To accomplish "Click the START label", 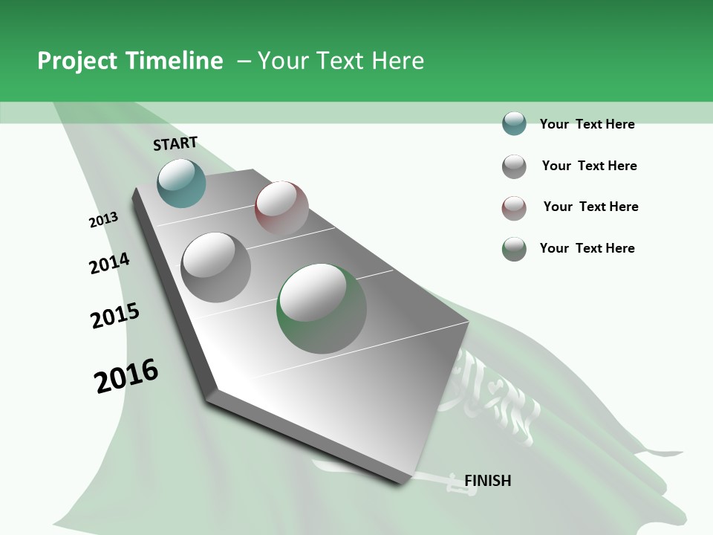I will (x=175, y=143).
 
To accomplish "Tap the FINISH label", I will (x=487, y=481).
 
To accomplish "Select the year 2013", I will (x=103, y=220).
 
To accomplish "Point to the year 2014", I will (x=109, y=264).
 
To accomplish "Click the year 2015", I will (x=115, y=316).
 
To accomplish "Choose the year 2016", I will (x=126, y=376).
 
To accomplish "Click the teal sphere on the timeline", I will (x=181, y=183).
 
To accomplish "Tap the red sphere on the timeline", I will (x=281, y=207).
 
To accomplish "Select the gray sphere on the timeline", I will (x=216, y=267).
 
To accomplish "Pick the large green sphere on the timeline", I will (x=322, y=308).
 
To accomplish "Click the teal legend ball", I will (x=514, y=123).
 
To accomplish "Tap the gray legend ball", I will (x=514, y=166).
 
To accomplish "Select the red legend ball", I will (x=514, y=208).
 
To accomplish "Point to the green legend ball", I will (x=514, y=249).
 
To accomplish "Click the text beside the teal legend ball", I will (x=587, y=124).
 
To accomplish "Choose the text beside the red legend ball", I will (x=590, y=207).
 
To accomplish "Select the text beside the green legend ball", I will (x=587, y=248).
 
